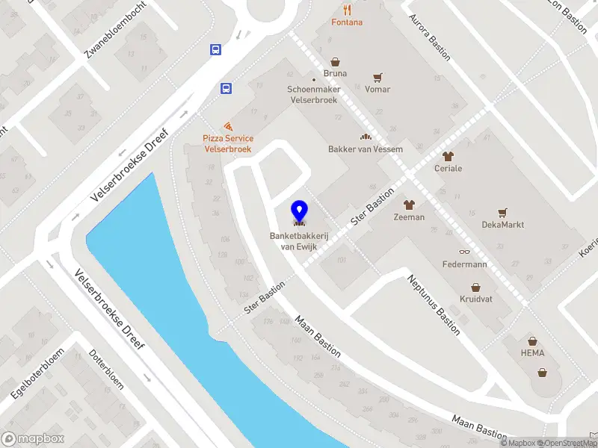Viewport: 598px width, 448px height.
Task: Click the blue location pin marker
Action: click(299, 211)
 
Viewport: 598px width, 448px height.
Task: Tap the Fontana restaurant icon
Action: click(348, 10)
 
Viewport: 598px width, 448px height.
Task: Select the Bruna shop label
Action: click(336, 74)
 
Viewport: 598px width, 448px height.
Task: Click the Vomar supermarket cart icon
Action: click(377, 77)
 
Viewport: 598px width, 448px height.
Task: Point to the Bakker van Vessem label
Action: click(366, 149)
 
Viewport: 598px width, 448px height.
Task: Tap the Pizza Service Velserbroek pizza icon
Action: click(228, 126)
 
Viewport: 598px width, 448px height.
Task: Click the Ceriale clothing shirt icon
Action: click(449, 156)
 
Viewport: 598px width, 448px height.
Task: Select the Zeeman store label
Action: click(409, 217)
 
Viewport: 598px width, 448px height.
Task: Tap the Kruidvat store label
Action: click(475, 299)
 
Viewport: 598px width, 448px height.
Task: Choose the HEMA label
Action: click(533, 353)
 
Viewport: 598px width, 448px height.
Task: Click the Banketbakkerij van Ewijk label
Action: click(298, 241)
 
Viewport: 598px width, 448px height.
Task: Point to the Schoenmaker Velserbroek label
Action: click(312, 95)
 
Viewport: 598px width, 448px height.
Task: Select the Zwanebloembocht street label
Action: click(116, 29)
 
